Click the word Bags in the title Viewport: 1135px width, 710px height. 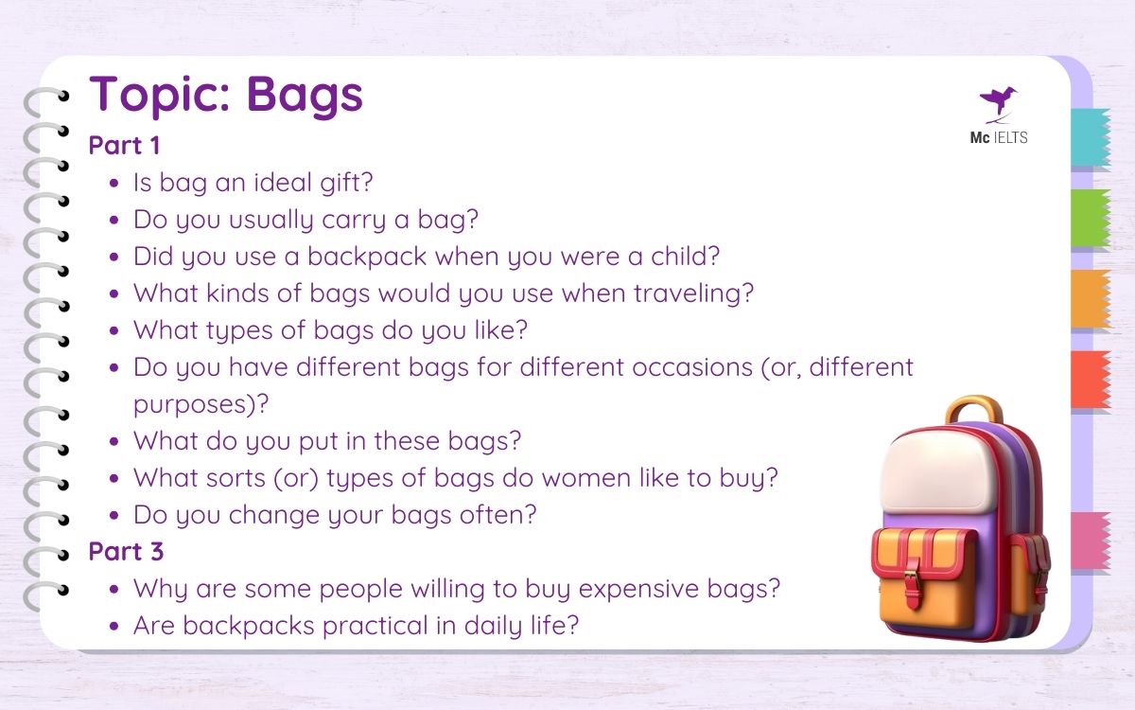[x=305, y=95]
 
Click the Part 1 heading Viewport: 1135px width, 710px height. [x=124, y=146]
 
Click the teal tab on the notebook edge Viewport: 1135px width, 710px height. [x=1091, y=138]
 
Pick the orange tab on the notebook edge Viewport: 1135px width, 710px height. [x=1091, y=299]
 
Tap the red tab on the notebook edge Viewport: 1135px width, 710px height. [x=1091, y=380]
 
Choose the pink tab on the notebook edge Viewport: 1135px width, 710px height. [x=1091, y=541]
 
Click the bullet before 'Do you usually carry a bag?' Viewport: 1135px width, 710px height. [x=114, y=221]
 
